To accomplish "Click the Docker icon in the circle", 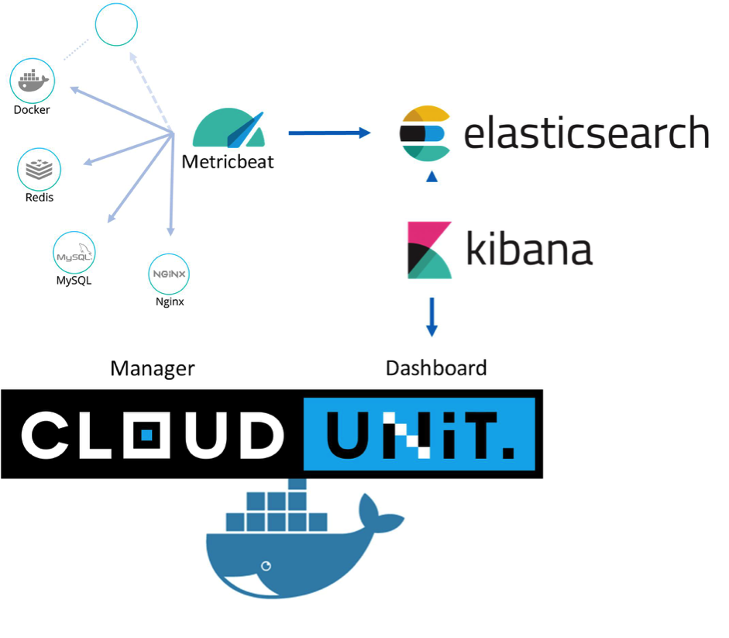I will click(x=32, y=80).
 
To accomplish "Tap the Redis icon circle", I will click(x=39, y=169).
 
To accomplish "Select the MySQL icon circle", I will click(x=74, y=253).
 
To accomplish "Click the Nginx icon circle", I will click(x=169, y=274).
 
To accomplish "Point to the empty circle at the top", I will click(x=116, y=25).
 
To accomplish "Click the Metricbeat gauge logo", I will click(x=229, y=129).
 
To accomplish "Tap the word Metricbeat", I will click(x=228, y=163).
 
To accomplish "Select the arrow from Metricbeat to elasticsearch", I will click(x=329, y=133).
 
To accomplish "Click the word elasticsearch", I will click(x=586, y=133).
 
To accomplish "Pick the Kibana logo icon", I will click(x=429, y=250).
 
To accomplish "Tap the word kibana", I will click(x=529, y=249).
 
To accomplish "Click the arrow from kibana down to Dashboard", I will click(x=432, y=317).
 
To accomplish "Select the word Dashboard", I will click(x=436, y=367).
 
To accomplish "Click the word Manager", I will click(x=153, y=368).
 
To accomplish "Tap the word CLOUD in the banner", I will click(x=151, y=434).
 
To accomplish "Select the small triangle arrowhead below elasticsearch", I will click(x=432, y=177).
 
